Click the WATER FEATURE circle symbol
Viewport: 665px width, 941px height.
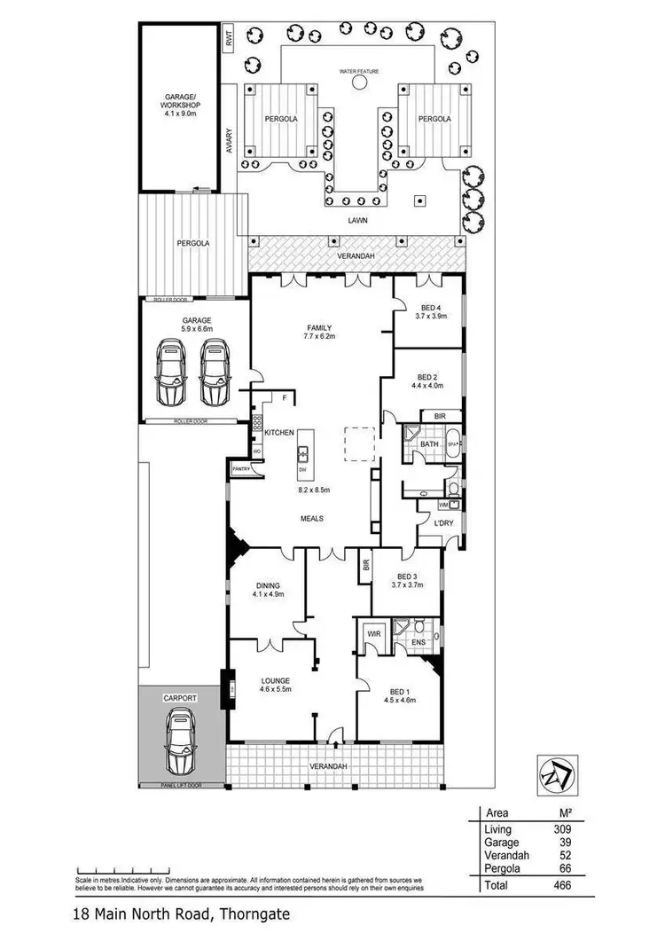(x=360, y=82)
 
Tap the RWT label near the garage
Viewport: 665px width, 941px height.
(x=228, y=38)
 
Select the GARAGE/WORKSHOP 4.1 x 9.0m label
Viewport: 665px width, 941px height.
(x=179, y=104)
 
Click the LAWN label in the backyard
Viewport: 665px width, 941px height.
(x=358, y=221)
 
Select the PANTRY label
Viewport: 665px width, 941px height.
(x=239, y=469)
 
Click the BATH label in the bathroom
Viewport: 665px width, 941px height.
(x=429, y=443)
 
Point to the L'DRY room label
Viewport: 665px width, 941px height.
(x=443, y=522)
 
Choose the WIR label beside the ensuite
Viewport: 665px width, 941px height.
(x=372, y=634)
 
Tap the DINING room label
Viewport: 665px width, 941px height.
(x=268, y=585)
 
